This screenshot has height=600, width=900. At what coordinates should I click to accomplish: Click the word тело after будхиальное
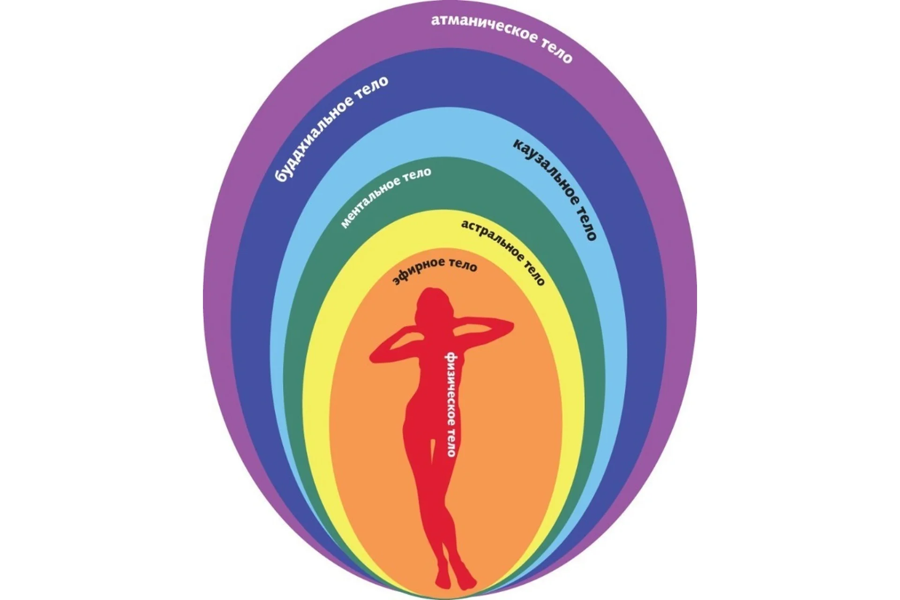[x=373, y=87]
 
